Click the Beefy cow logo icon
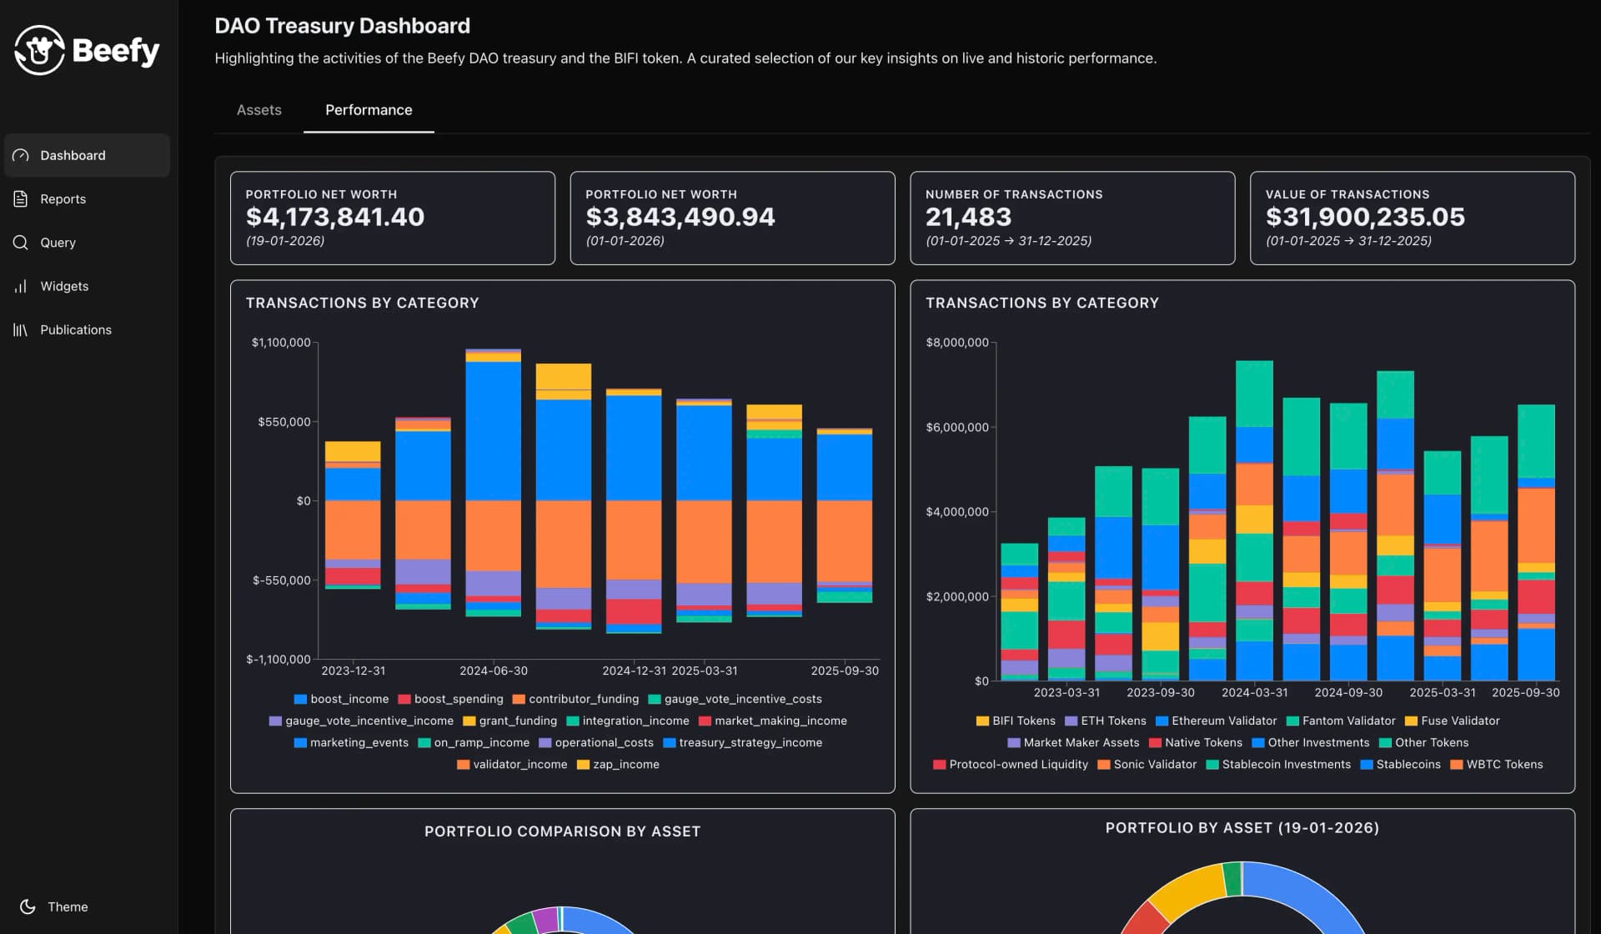coord(39,50)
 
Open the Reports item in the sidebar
coord(63,199)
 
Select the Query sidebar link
coord(58,243)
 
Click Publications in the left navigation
coord(75,330)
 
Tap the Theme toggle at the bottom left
coord(67,906)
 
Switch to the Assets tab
coord(258,110)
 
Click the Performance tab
coord(369,110)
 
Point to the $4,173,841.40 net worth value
coord(334,217)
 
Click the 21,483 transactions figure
coord(968,217)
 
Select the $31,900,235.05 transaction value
coord(1365,217)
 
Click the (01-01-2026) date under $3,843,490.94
coord(625,241)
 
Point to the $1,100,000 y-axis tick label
coord(281,343)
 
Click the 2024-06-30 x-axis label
coord(494,671)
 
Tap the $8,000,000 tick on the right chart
coord(956,343)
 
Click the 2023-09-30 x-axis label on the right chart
coord(1160,693)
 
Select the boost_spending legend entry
coord(458,700)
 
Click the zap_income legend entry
coord(625,765)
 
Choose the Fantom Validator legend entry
coord(1348,721)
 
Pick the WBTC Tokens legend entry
coord(1503,765)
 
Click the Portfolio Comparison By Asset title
coord(562,831)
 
